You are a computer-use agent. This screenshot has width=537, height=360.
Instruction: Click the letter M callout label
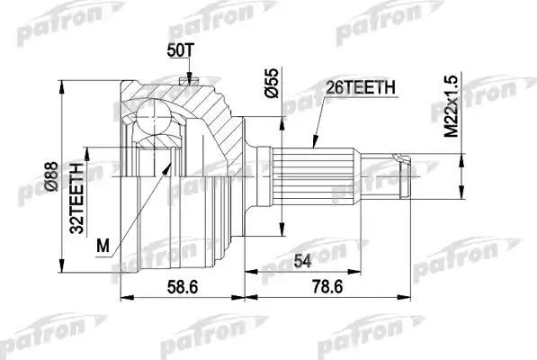pyautogui.click(x=103, y=244)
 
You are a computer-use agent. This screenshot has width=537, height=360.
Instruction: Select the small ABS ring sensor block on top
pyautogui.click(x=188, y=82)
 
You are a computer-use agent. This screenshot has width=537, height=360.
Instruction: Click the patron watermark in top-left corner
pyautogui.click(x=53, y=28)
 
